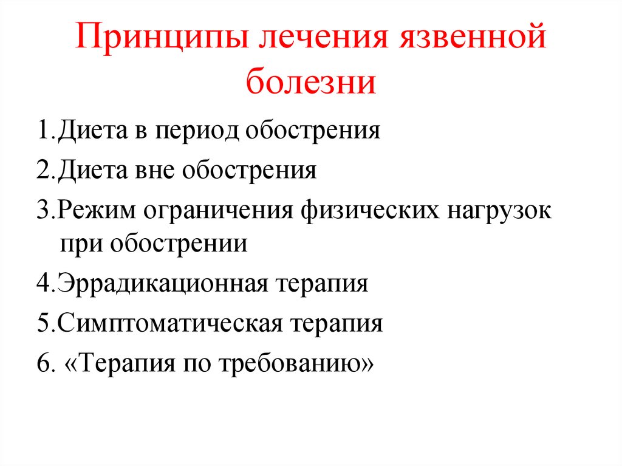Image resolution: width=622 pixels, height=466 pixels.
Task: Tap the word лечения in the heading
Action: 323,37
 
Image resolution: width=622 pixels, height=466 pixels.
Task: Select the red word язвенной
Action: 473,37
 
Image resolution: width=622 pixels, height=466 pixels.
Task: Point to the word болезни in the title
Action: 310,82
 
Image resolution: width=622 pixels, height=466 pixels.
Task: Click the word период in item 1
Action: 197,131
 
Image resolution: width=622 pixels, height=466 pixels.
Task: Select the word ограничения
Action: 218,211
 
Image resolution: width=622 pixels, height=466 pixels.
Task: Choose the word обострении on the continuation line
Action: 179,242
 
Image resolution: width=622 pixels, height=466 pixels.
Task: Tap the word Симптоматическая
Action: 170,323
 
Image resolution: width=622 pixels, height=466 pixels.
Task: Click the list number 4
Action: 44,283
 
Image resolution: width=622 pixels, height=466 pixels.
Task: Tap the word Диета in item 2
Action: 93,171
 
